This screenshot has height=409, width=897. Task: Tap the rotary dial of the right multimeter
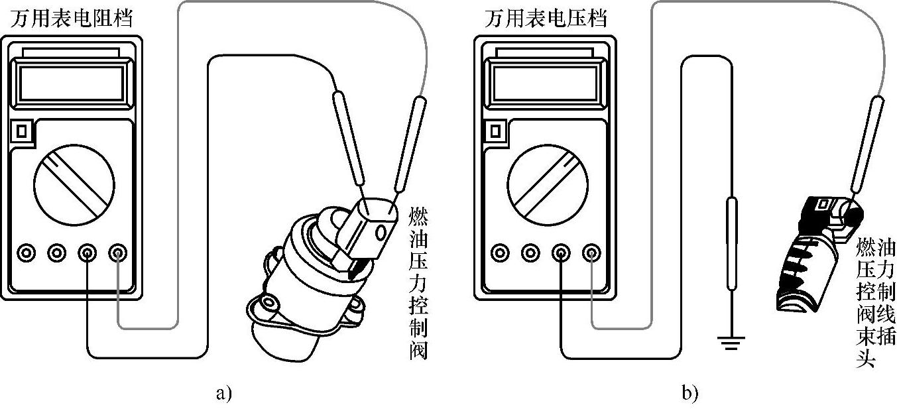pyautogui.click(x=545, y=183)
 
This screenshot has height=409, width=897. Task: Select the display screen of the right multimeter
pyautogui.click(x=545, y=83)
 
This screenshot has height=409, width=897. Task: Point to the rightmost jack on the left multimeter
pyautogui.click(x=118, y=253)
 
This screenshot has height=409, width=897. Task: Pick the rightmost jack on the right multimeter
pyautogui.click(x=590, y=253)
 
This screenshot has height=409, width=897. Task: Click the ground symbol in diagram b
pyautogui.click(x=731, y=341)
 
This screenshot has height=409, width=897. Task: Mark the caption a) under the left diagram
pyautogui.click(x=224, y=394)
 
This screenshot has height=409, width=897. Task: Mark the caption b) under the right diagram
pyautogui.click(x=689, y=394)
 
